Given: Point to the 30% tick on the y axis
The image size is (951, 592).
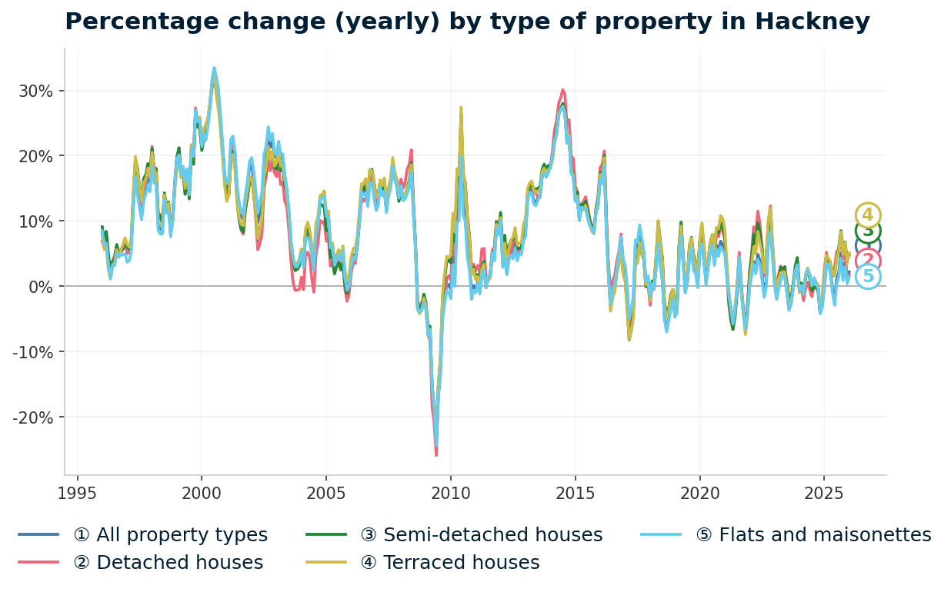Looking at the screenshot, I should point(37,91).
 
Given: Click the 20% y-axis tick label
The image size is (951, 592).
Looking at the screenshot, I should point(37,156).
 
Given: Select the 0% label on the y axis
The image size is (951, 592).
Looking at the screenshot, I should point(42,287).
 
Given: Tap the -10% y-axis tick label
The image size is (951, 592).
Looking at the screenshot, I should point(35,352).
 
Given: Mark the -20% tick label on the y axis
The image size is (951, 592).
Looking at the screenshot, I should point(35,417).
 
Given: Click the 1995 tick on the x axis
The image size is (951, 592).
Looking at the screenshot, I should point(77,493).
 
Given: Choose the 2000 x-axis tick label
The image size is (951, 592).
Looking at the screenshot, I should point(202,493).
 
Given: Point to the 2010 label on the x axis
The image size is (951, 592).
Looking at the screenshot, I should point(451,493).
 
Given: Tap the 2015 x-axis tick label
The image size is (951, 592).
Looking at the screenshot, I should point(575,493).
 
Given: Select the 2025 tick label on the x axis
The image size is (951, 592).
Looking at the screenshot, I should point(824,493).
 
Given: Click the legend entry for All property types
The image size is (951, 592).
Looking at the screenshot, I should point(170,535).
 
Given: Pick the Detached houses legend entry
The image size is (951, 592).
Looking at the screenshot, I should point(168,563).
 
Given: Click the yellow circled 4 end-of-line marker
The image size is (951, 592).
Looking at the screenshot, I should point(868,215).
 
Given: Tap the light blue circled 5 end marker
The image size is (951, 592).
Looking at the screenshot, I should point(868,277).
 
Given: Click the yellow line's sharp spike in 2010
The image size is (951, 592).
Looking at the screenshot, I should point(461,108).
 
